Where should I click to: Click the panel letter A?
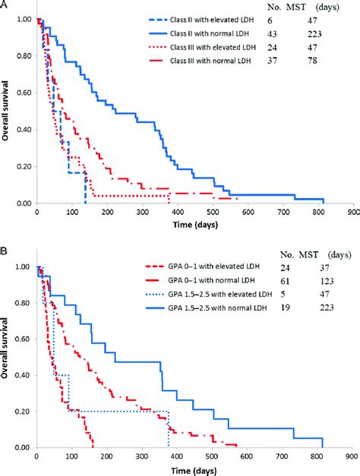point(5,5)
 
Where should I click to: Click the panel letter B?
point(5,248)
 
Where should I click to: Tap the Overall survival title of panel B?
point(7,357)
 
